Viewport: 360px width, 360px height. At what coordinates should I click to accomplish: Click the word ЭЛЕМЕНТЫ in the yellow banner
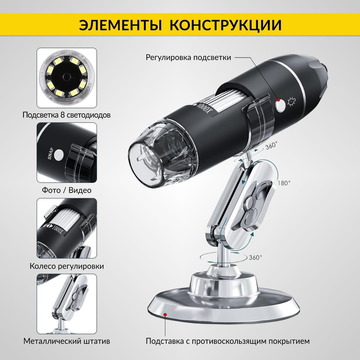pos(120,25)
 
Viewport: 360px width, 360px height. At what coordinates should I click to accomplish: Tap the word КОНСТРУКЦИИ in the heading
pos(225,25)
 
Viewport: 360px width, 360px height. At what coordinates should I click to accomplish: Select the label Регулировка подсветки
pos(188,57)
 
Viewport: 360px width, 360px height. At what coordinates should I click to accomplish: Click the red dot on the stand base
pos(165,314)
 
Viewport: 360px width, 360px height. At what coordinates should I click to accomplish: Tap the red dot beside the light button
pos(278,100)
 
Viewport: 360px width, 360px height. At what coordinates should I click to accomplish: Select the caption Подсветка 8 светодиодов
pos(67,115)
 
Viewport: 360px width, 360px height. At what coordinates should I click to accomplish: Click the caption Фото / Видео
pos(67,190)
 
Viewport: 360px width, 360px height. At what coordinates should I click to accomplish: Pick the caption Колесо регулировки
pos(67,266)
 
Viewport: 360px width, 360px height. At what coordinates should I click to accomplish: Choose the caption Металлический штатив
pos(67,341)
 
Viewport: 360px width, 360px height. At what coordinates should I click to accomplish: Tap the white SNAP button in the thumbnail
pos(59,154)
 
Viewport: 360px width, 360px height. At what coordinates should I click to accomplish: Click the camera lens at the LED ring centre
pos(67,76)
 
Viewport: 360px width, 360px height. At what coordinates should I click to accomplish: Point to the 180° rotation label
pos(284,183)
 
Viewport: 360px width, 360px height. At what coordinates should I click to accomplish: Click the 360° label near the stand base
pos(255,257)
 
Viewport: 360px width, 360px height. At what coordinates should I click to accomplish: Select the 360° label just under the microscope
pos(271,145)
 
